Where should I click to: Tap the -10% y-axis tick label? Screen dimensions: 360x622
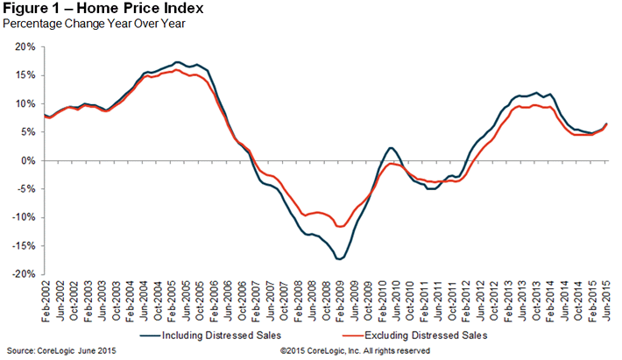click(x=27, y=217)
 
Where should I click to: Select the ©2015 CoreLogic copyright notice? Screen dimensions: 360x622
click(x=356, y=351)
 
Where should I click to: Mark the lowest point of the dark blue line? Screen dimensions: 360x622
click(x=339, y=259)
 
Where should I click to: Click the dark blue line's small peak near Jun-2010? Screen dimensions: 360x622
click(x=391, y=148)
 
